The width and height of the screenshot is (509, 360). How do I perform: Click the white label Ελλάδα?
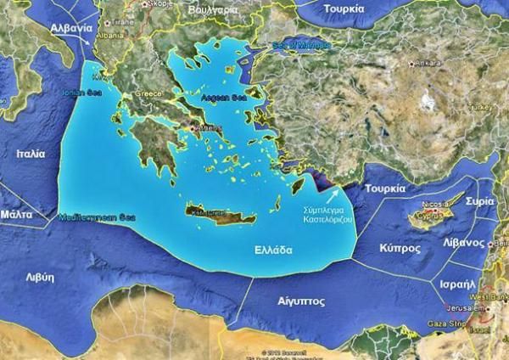pyautogui.click(x=273, y=250)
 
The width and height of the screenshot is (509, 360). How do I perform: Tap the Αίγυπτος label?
pyautogui.click(x=301, y=301)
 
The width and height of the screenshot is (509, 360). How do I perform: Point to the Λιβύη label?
pyautogui.click(x=40, y=277)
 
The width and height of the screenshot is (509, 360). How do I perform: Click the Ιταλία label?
pyautogui.click(x=31, y=154)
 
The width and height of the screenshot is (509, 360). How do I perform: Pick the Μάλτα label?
pyautogui.click(x=16, y=215)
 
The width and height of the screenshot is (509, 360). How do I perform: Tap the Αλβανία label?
pyautogui.click(x=70, y=27)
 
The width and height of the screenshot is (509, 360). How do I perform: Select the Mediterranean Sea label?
pyautogui.click(x=98, y=219)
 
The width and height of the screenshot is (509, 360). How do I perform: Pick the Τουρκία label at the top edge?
pyautogui.click(x=344, y=8)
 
